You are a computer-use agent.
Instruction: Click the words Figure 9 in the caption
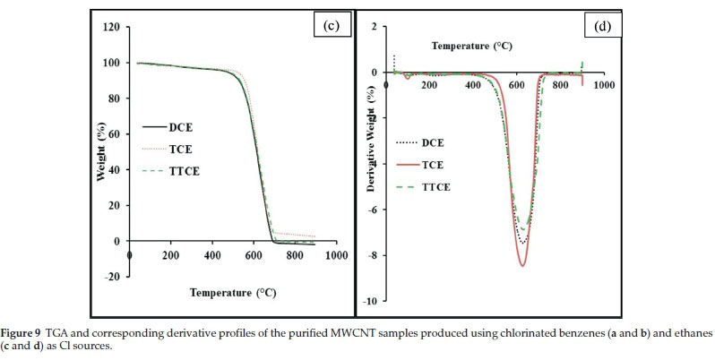[23, 333]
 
